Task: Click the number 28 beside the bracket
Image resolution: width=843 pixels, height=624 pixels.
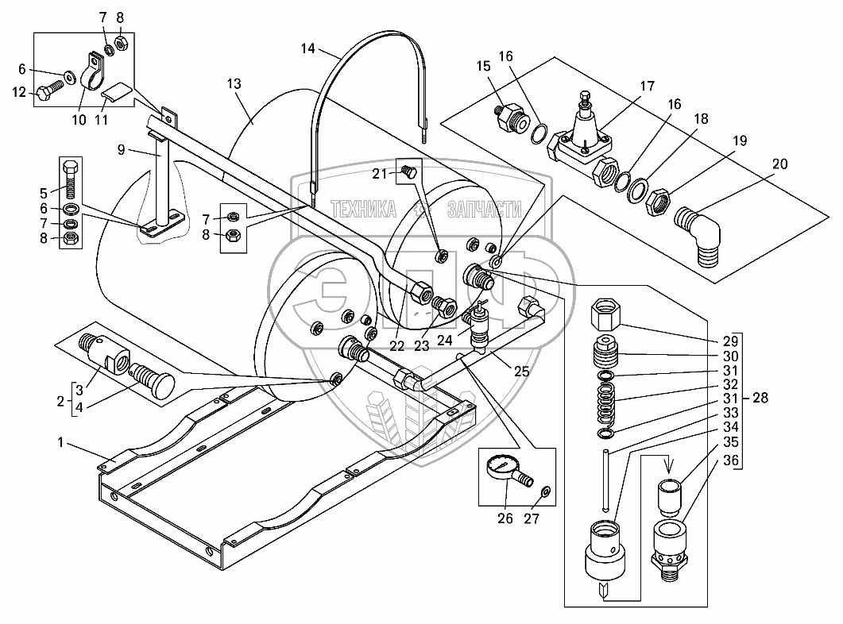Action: [x=760, y=398]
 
